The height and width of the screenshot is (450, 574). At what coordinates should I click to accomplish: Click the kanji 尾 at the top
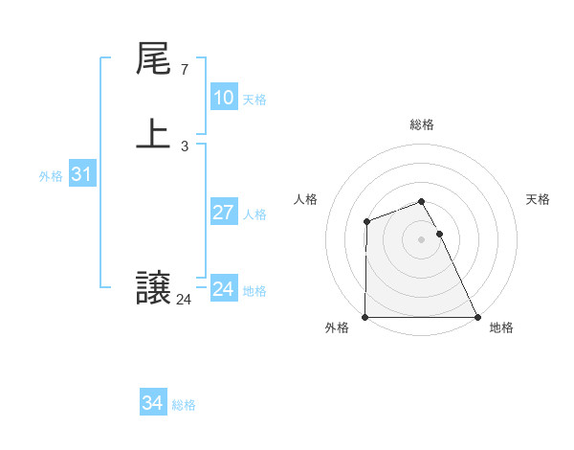(153, 60)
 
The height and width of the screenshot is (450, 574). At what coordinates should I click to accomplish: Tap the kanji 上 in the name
(153, 134)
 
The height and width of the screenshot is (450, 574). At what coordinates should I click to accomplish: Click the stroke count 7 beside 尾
(184, 70)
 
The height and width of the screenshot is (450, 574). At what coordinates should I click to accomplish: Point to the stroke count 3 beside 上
(184, 146)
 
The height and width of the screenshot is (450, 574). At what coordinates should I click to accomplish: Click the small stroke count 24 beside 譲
(184, 300)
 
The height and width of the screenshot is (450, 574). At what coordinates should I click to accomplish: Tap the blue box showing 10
(223, 98)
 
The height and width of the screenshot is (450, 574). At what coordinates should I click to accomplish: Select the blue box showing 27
(223, 213)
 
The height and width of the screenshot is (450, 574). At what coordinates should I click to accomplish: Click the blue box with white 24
(223, 289)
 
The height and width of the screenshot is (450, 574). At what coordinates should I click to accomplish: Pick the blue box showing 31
(81, 174)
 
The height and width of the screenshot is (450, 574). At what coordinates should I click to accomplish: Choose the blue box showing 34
(152, 403)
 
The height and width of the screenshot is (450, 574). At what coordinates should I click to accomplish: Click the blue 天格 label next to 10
(254, 100)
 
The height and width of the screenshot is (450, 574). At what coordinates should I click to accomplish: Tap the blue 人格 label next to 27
(254, 214)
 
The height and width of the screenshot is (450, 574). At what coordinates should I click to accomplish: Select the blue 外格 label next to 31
(51, 176)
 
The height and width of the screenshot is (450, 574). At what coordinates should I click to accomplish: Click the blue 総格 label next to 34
(184, 405)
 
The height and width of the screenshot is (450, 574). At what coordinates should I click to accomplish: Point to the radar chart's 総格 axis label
(421, 124)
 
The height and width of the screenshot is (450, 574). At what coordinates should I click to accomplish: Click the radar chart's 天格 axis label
(539, 199)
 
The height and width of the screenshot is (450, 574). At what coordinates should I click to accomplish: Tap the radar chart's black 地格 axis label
(501, 328)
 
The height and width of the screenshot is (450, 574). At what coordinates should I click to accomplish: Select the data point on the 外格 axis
(365, 317)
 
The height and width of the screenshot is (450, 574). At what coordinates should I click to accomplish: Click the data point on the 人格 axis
(366, 222)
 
